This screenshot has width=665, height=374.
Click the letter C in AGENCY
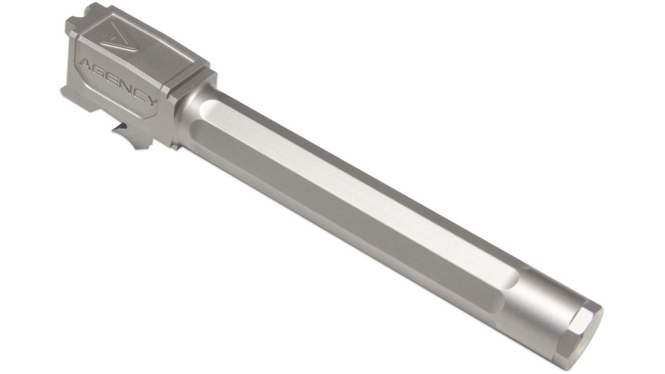[x=139, y=97]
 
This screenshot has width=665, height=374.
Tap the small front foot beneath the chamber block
[x=175, y=145]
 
